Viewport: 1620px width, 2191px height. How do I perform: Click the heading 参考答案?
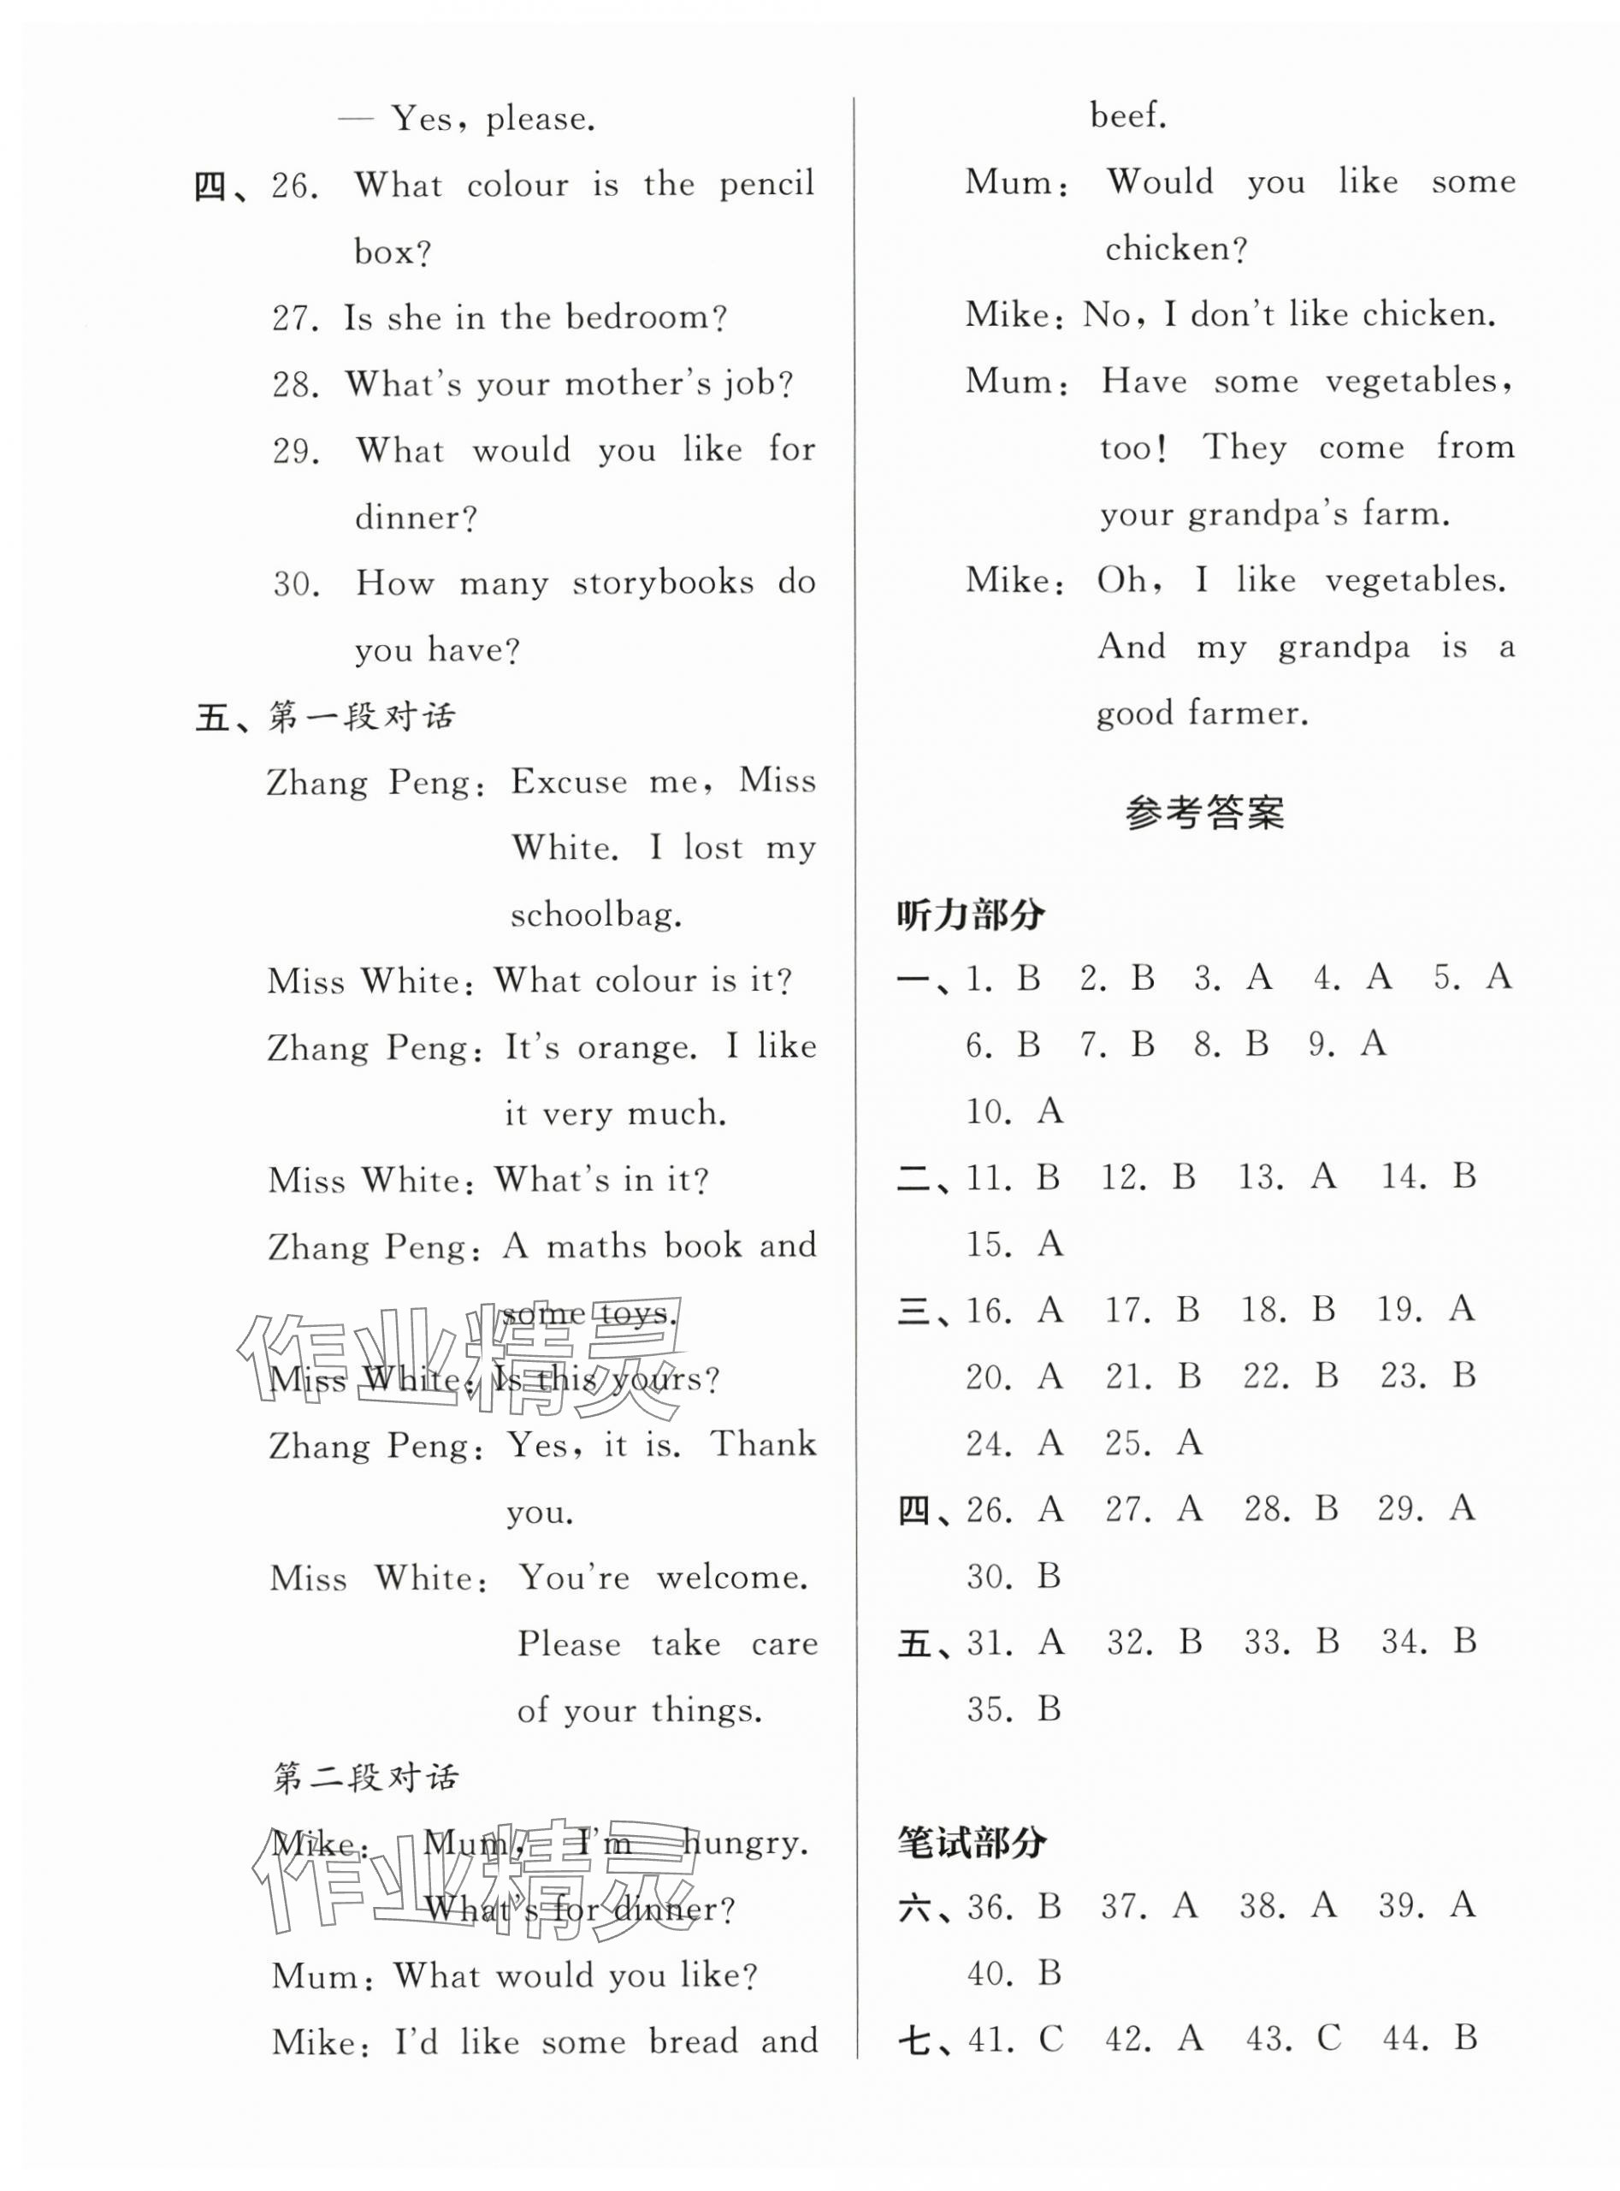1203,813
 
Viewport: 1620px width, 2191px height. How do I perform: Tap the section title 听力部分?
971,915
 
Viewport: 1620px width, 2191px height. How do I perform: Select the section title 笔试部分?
971,1843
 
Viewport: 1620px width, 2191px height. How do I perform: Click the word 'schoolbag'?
594,915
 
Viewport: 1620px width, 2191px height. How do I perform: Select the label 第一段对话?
362,717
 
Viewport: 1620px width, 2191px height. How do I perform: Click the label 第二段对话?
364,1776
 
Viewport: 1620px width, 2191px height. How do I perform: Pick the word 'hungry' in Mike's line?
744,1843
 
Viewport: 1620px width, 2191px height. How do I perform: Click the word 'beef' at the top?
1127,116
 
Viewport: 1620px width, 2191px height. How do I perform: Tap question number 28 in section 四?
295,384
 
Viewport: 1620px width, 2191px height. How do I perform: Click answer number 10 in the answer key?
989,1112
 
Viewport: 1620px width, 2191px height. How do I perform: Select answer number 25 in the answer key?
1127,1443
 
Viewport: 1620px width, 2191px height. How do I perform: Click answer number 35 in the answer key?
989,1709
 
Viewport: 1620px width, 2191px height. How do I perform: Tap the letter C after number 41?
1050,2040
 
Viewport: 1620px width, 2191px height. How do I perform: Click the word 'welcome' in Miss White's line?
731,1577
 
